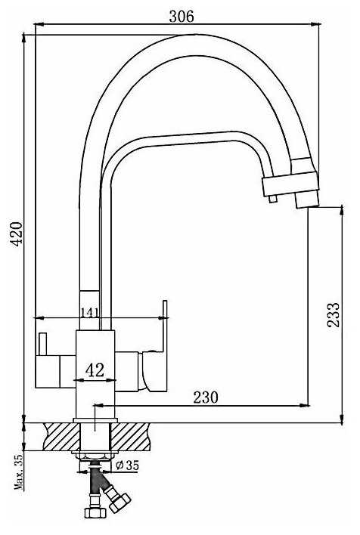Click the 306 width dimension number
click(182, 16)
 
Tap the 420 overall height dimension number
click(16, 233)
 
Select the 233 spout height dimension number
click(333, 315)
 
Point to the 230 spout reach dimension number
click(206, 397)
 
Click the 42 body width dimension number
click(95, 370)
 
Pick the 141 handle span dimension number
click(90, 312)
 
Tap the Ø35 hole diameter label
click(127, 465)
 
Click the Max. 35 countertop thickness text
click(20, 472)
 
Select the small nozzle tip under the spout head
click(272, 199)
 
